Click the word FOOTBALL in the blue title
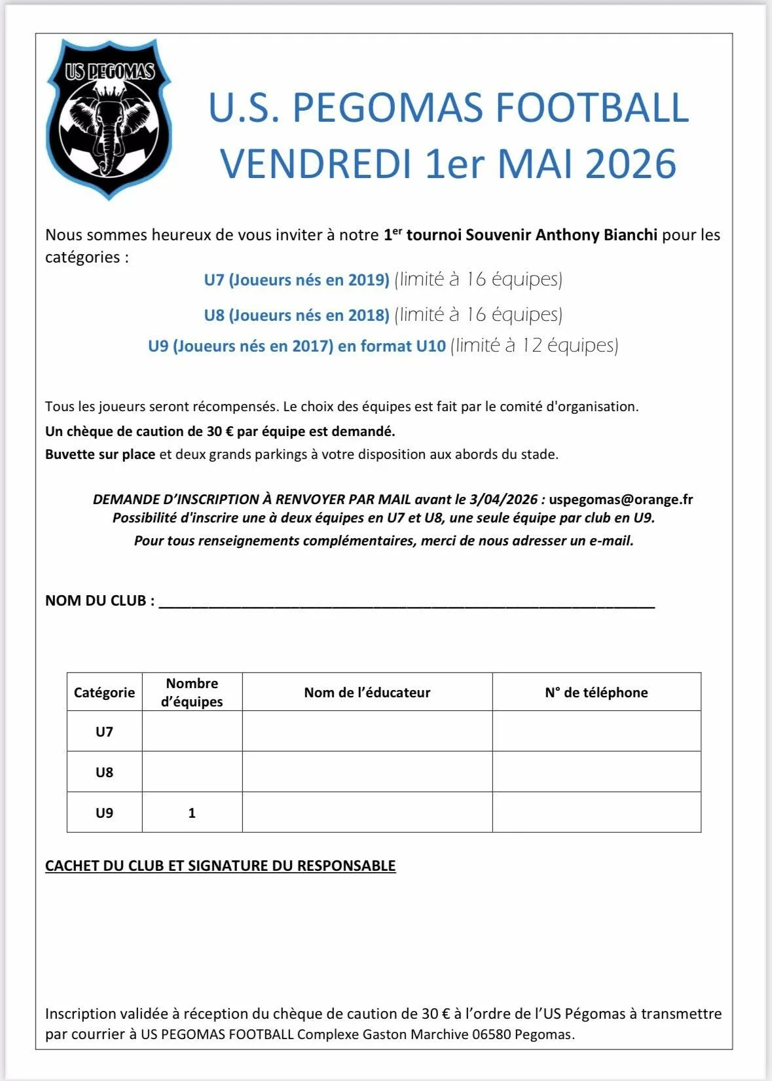coord(592,108)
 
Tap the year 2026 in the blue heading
coord(631,164)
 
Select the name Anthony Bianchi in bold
coord(596,235)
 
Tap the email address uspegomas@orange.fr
coord(621,500)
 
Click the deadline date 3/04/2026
coord(503,500)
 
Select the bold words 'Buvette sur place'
coord(100,454)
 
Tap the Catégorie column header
coord(104,693)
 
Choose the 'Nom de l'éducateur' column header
coord(367,693)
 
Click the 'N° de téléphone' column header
coord(596,693)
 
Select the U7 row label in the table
coord(104,732)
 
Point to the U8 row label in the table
coord(104,773)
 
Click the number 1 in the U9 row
coord(192,813)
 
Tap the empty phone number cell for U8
coord(596,772)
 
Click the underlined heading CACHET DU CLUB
coord(220,866)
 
